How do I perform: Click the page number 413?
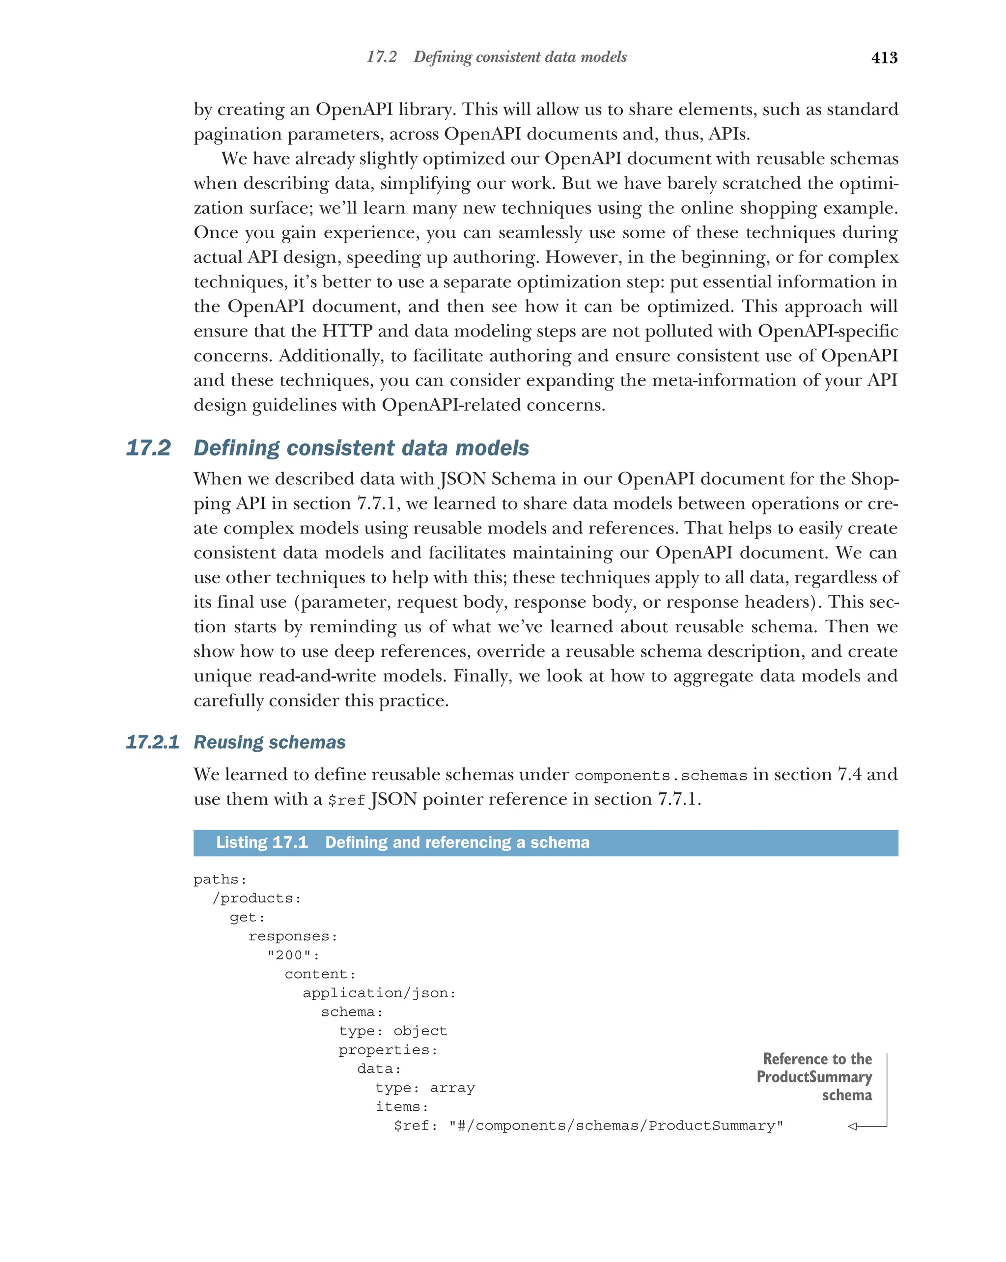pos(884,57)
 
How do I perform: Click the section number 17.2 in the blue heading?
pos(148,448)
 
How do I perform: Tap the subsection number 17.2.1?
pos(152,742)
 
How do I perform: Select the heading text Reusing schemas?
pos(269,742)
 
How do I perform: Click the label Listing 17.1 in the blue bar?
pos(262,842)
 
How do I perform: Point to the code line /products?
pos(256,898)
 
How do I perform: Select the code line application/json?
pos(379,993)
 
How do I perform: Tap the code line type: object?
pos(392,1031)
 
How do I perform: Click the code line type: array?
pos(425,1088)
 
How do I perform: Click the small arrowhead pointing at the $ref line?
pos(853,1126)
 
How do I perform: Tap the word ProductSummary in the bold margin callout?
pos(813,1077)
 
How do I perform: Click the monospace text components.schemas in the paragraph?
pos(661,776)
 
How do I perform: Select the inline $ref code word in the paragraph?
pos(346,800)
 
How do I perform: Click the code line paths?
pos(220,879)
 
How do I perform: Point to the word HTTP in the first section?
pos(347,331)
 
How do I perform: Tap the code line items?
pos(402,1106)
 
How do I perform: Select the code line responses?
pos(293,936)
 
